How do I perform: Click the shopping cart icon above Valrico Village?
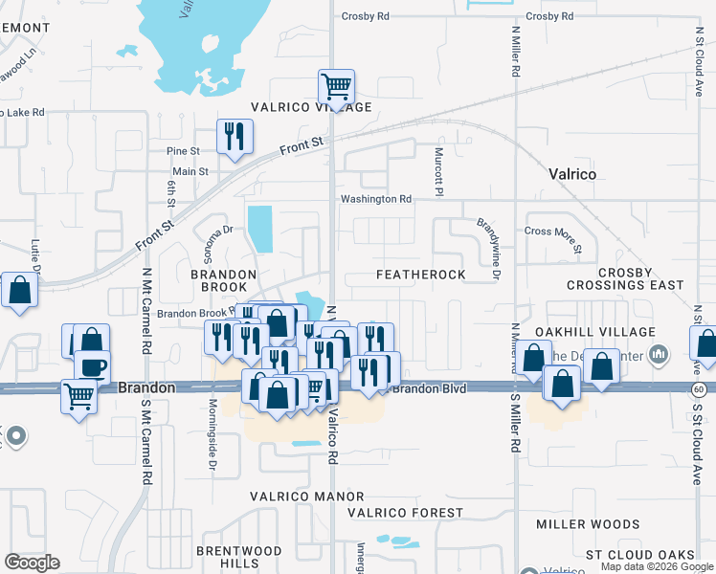pos(336,87)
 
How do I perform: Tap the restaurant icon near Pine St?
pos(234,136)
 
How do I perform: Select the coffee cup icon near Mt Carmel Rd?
pos(92,366)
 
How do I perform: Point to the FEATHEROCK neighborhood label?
pos(420,275)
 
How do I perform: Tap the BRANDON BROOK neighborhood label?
pos(223,280)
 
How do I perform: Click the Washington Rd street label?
pos(376,199)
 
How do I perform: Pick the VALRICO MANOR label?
pos(307,497)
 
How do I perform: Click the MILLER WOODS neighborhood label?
pos(588,524)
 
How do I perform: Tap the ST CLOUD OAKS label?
pos(640,555)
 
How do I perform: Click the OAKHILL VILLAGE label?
pos(595,332)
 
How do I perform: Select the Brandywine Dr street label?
pos(489,248)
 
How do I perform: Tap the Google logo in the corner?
pos(33,562)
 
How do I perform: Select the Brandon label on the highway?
pos(146,388)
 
